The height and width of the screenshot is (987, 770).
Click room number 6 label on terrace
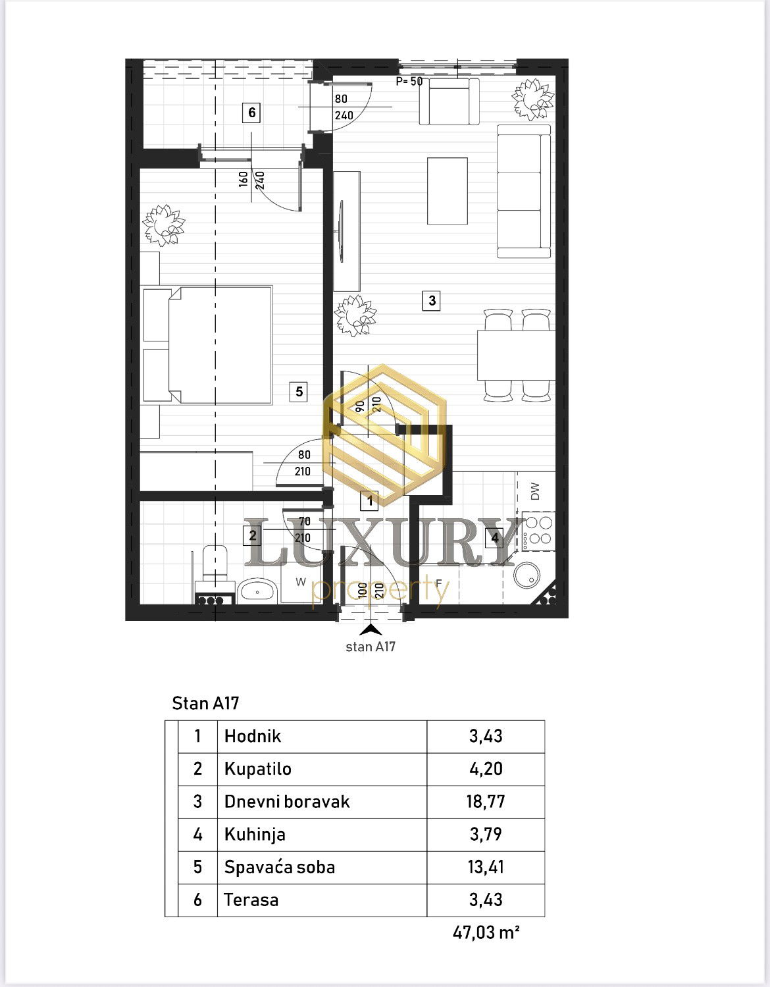[251, 112]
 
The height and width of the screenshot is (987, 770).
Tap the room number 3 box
[432, 300]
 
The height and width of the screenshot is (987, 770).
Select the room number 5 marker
[299, 392]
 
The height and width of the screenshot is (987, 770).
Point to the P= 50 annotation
[409, 81]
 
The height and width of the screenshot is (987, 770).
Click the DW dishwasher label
[535, 491]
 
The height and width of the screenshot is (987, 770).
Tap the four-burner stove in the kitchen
[538, 531]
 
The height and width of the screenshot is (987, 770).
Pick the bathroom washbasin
[257, 591]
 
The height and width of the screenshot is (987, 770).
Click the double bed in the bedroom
[208, 345]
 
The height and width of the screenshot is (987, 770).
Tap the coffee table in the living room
[448, 191]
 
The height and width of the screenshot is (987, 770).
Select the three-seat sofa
[524, 191]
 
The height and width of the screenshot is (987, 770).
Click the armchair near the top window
[449, 101]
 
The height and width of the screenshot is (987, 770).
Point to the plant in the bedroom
[163, 225]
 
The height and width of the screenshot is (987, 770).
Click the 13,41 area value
[486, 867]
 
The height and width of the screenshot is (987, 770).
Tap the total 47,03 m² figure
[486, 932]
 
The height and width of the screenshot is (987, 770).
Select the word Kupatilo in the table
[257, 769]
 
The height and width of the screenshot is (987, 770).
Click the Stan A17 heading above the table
[205, 703]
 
